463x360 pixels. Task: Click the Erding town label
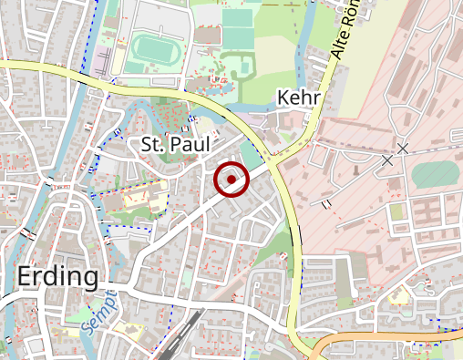coord(57,276)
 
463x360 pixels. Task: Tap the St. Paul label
coord(176,144)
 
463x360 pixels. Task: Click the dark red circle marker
coord(232,180)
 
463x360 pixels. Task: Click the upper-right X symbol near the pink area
coord(403,148)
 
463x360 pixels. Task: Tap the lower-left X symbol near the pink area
coord(387,160)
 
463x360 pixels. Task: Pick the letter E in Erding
coord(26,276)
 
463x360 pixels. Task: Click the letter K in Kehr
coord(282,98)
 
